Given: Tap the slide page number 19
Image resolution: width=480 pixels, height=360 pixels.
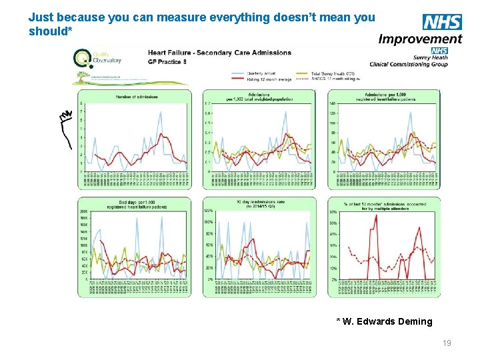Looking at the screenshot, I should pyautogui.click(x=447, y=343).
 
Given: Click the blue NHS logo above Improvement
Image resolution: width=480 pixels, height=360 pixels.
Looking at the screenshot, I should pyautogui.click(x=442, y=22).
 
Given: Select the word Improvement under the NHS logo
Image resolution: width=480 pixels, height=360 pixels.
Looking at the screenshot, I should pyautogui.click(x=420, y=39).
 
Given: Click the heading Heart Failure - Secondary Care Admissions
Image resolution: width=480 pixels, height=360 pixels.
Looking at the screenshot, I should pyautogui.click(x=219, y=53).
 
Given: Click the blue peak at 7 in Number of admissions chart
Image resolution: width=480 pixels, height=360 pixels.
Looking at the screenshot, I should pyautogui.click(x=160, y=113).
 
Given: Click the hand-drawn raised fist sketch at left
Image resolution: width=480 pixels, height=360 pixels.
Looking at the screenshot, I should pyautogui.click(x=65, y=127).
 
